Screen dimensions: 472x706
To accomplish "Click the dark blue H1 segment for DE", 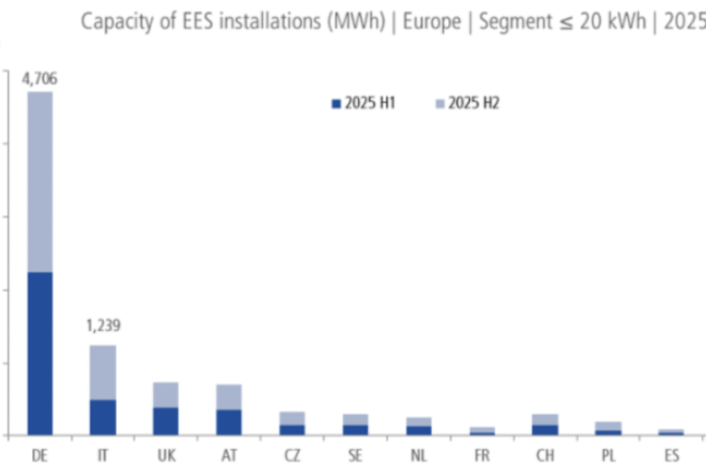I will pyautogui.click(x=40, y=353).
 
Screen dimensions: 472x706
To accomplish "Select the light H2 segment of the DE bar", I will pyautogui.click(x=40, y=181).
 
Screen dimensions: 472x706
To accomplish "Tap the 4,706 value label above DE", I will pyautogui.click(x=40, y=79).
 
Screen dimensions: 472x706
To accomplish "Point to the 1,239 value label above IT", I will pyautogui.click(x=103, y=326).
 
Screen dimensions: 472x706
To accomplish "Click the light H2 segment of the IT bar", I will pyautogui.click(x=103, y=372).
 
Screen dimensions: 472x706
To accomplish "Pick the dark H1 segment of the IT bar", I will pyautogui.click(x=103, y=417).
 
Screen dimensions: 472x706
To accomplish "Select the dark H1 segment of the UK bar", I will pyautogui.click(x=166, y=421).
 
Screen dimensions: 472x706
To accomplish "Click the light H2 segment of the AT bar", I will pyautogui.click(x=229, y=396).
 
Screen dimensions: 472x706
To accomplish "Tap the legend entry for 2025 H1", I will pyautogui.click(x=364, y=104).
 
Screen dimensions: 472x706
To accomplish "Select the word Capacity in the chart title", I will pyautogui.click(x=113, y=21).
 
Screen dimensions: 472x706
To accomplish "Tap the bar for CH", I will pyautogui.click(x=545, y=424).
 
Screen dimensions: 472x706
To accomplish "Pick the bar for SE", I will pyautogui.click(x=355, y=424).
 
